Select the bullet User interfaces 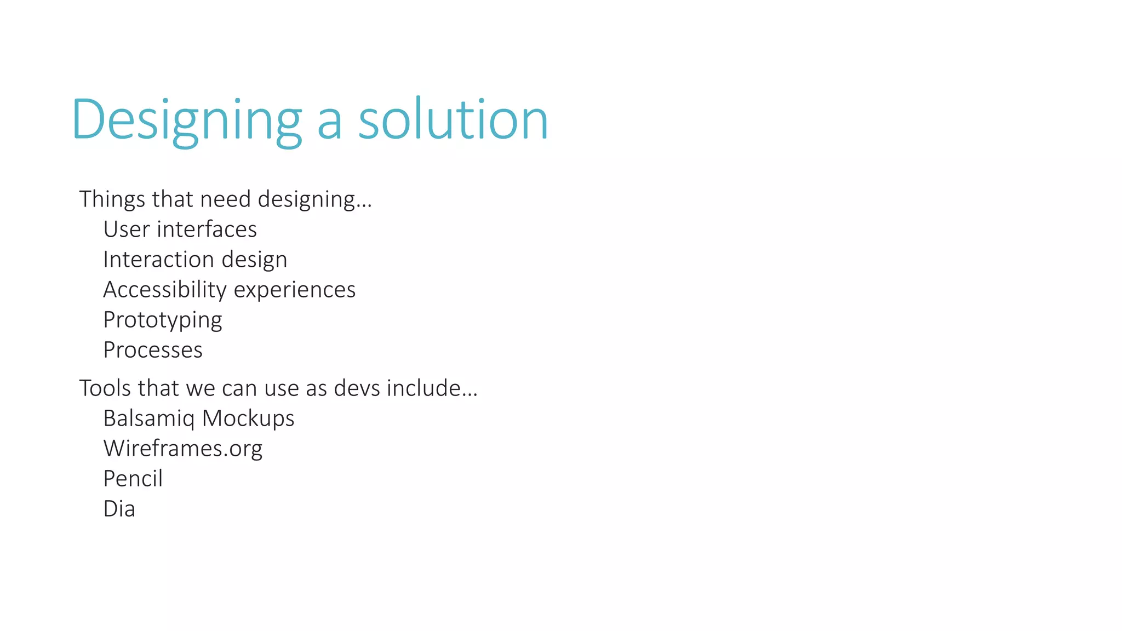point(180,230)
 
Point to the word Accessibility point(164,290)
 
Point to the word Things point(112,199)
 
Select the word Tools point(105,388)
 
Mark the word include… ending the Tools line point(432,388)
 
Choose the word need point(225,199)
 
